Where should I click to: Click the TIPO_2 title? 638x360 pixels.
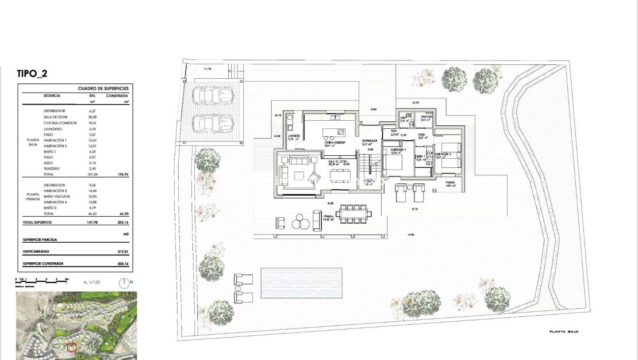click(33, 73)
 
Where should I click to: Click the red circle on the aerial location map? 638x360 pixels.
click(72, 347)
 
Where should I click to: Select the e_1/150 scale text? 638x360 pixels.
click(92, 282)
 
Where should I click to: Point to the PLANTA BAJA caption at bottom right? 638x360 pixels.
click(563, 332)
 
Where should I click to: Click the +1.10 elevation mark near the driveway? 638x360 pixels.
click(207, 68)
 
